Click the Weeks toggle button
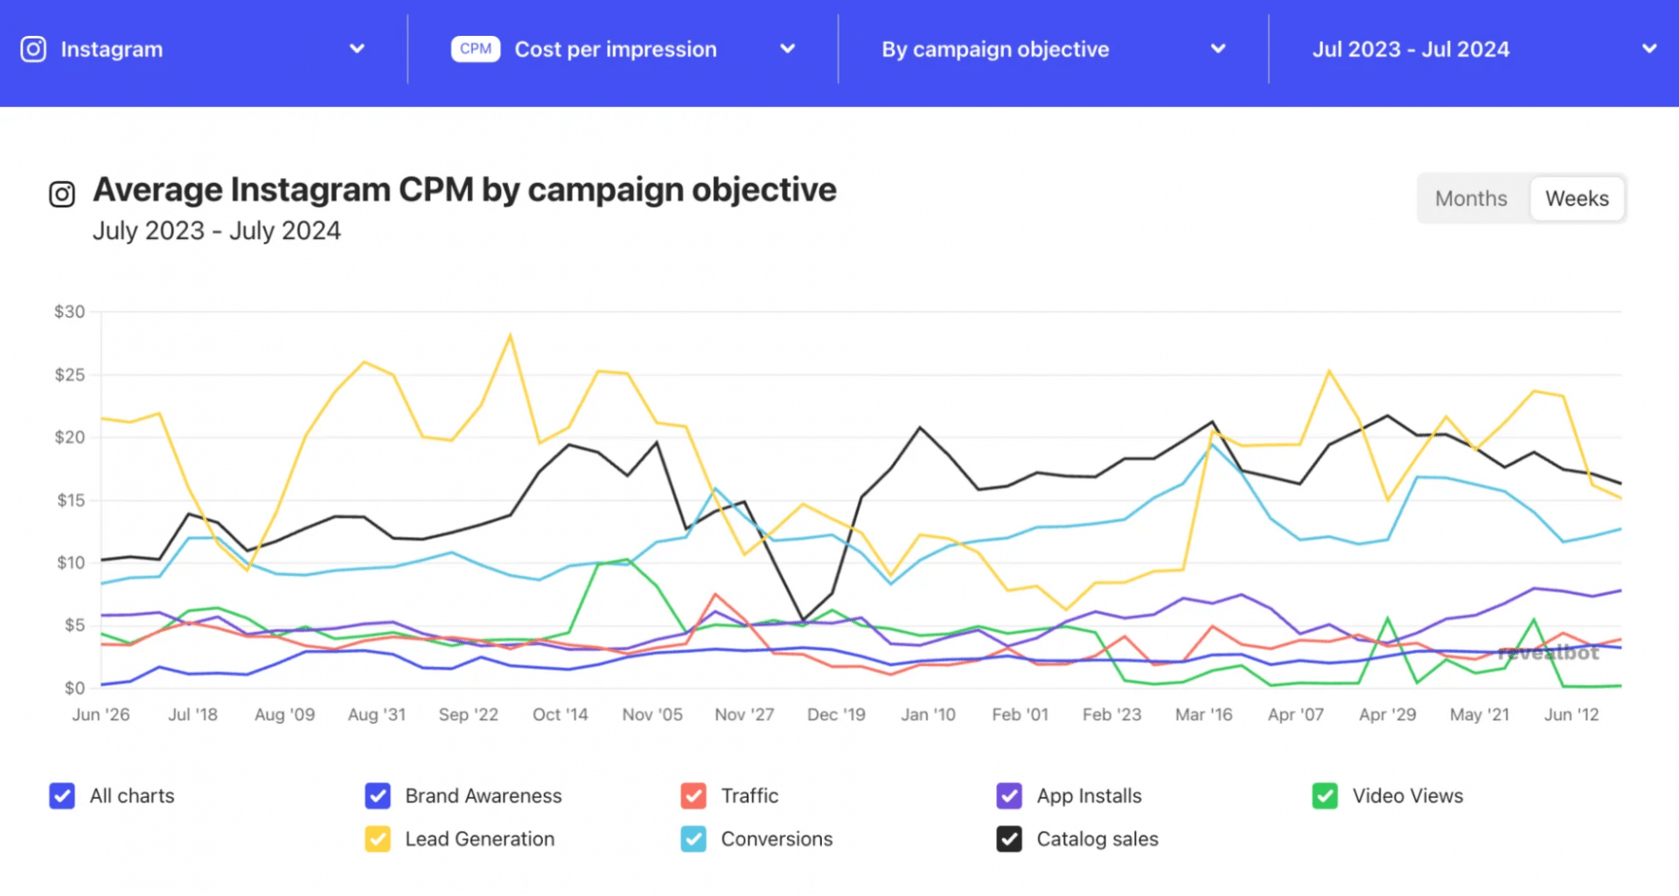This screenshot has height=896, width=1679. click(x=1577, y=199)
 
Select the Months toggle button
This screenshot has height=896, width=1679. click(x=1471, y=199)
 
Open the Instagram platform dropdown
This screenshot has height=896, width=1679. click(x=192, y=49)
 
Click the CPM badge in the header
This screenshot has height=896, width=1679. click(x=475, y=49)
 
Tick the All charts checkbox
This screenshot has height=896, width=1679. click(x=62, y=795)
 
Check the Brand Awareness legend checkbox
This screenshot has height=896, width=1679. click(x=378, y=795)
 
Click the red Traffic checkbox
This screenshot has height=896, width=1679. click(x=693, y=795)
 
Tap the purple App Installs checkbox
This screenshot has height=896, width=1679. click(x=1009, y=795)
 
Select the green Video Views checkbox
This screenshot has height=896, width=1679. click(x=1325, y=795)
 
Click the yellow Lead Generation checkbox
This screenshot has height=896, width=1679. click(x=378, y=839)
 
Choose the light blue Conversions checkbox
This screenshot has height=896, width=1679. click(x=693, y=839)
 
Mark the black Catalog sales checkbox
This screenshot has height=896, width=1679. click(x=1009, y=839)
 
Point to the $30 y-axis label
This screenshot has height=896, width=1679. click(x=70, y=311)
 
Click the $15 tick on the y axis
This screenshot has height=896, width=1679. click(x=71, y=500)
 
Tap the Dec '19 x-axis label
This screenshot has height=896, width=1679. click(x=836, y=715)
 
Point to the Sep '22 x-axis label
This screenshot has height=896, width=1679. click(x=468, y=715)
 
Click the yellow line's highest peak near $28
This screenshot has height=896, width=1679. click(x=510, y=335)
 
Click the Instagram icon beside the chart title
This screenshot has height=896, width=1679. click(x=62, y=193)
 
